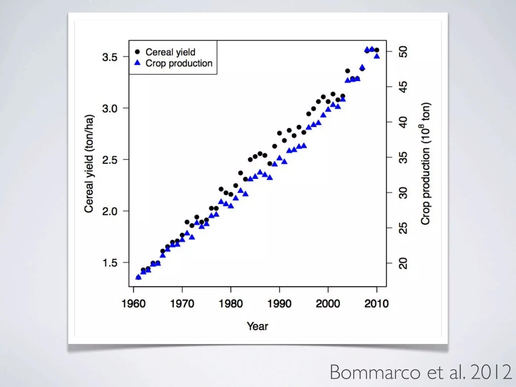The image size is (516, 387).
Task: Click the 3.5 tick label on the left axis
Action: tap(110, 57)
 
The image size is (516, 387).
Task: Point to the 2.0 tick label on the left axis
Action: tap(110, 211)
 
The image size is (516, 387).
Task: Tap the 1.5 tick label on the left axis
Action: tap(110, 263)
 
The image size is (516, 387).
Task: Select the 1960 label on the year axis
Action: tap(134, 304)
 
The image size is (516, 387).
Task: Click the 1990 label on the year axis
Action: tap(279, 304)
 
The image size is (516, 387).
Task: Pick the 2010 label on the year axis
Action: tap(376, 304)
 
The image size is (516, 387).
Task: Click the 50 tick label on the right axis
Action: tap(403, 52)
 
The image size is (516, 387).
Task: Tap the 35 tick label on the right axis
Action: tap(403, 158)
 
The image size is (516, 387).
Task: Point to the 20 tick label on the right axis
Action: tap(403, 264)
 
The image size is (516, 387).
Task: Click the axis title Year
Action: tap(257, 326)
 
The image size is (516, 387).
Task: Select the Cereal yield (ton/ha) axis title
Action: tap(89, 164)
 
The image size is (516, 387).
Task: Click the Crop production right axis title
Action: tap(425, 164)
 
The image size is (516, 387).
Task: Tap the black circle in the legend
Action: tap(137, 52)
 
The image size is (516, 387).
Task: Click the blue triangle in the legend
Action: tap(137, 63)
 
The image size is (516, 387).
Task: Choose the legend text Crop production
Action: tap(179, 63)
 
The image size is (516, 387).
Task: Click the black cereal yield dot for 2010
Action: tap(377, 50)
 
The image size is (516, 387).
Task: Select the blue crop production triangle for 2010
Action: tap(377, 56)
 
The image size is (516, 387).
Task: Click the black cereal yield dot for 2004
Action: tap(347, 71)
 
